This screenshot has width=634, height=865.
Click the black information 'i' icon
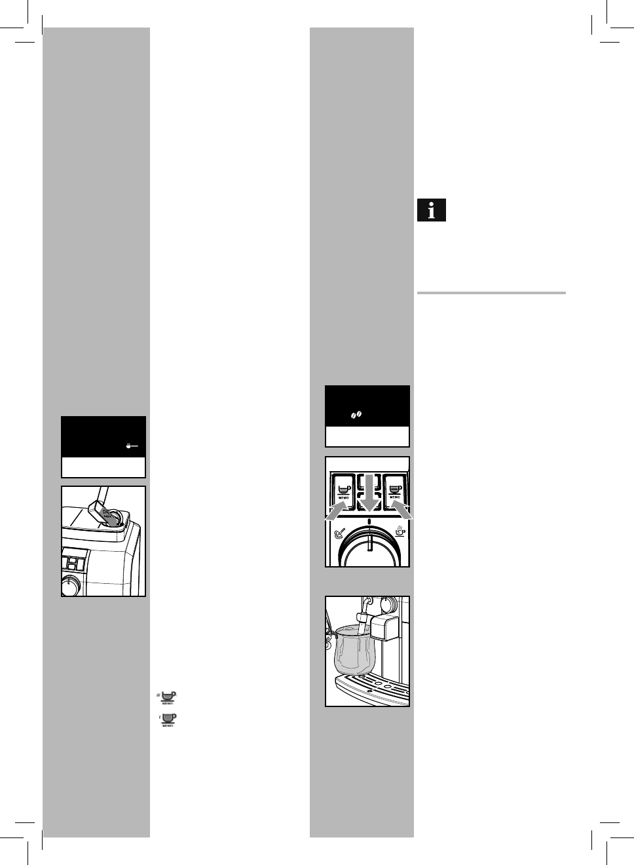(x=432, y=210)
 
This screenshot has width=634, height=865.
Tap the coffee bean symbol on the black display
(x=356, y=415)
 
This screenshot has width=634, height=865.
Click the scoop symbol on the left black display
(x=132, y=446)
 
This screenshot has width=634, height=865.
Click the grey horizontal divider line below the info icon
(x=491, y=293)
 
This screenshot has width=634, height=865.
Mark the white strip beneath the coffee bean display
(x=367, y=436)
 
